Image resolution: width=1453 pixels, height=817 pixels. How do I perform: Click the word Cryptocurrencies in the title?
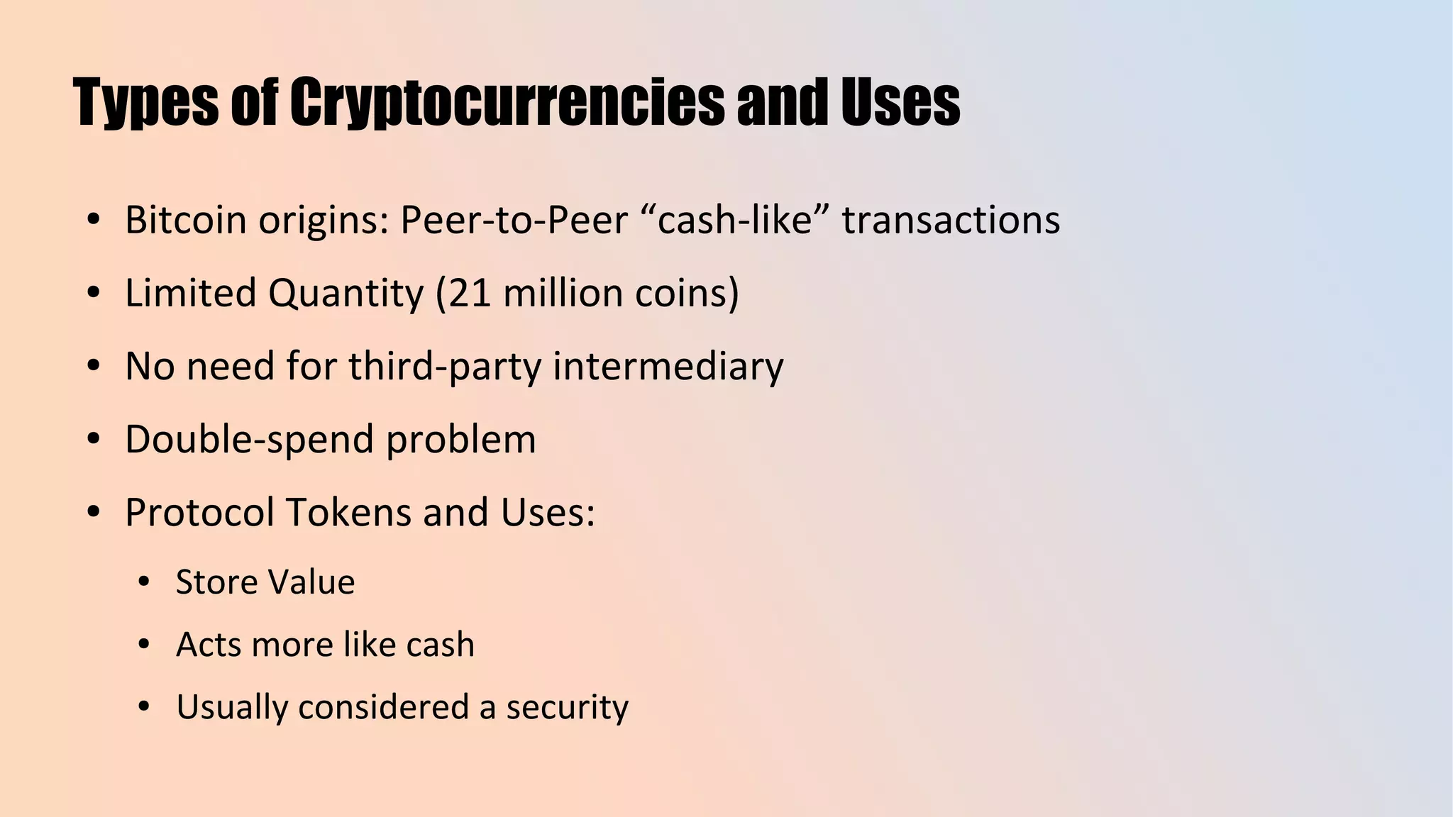[x=507, y=104]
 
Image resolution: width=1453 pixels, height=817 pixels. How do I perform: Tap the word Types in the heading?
[x=146, y=104]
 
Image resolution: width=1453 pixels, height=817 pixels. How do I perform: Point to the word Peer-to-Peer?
[x=514, y=220]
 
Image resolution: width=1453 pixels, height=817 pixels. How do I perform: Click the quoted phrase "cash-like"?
[x=734, y=220]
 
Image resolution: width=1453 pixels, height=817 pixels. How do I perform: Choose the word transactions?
[x=951, y=220]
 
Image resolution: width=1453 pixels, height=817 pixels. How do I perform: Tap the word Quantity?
[x=346, y=293]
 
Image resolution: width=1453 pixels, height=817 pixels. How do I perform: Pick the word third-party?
[x=445, y=367]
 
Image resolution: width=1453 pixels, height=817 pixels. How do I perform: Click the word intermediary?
[x=668, y=367]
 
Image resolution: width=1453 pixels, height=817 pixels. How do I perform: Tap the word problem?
[x=461, y=440]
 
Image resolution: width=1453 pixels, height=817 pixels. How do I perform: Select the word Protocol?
[x=199, y=512]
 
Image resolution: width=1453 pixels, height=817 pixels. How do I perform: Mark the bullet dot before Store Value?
[x=144, y=582]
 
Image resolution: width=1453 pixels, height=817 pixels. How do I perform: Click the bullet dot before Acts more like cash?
[x=144, y=645]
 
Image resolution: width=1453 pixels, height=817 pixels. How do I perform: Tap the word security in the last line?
[x=567, y=707]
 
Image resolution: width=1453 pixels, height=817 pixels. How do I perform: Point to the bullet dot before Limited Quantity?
[x=93, y=293]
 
